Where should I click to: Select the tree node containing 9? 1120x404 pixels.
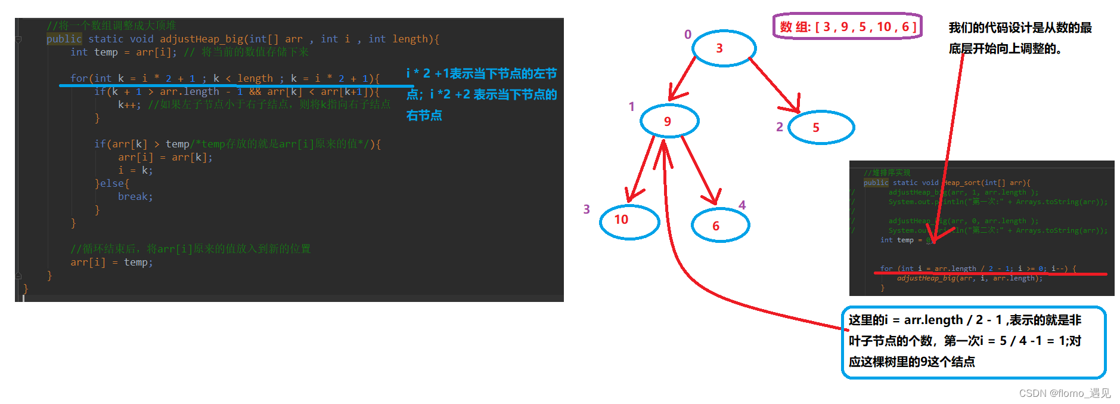(x=669, y=121)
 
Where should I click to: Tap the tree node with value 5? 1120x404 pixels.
(x=821, y=127)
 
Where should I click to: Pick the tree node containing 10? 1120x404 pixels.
(x=629, y=220)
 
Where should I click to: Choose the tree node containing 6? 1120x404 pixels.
(x=720, y=225)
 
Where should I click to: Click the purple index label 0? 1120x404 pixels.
(x=688, y=35)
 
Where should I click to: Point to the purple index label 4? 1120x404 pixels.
(x=742, y=205)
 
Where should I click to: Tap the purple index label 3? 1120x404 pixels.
(x=587, y=209)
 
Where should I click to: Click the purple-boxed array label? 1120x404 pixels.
(x=847, y=27)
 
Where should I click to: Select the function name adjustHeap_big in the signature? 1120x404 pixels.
(x=201, y=39)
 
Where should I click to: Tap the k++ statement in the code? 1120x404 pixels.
(x=129, y=104)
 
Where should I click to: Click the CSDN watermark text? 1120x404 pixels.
(x=1064, y=393)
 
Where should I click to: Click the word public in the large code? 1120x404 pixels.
(x=64, y=39)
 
